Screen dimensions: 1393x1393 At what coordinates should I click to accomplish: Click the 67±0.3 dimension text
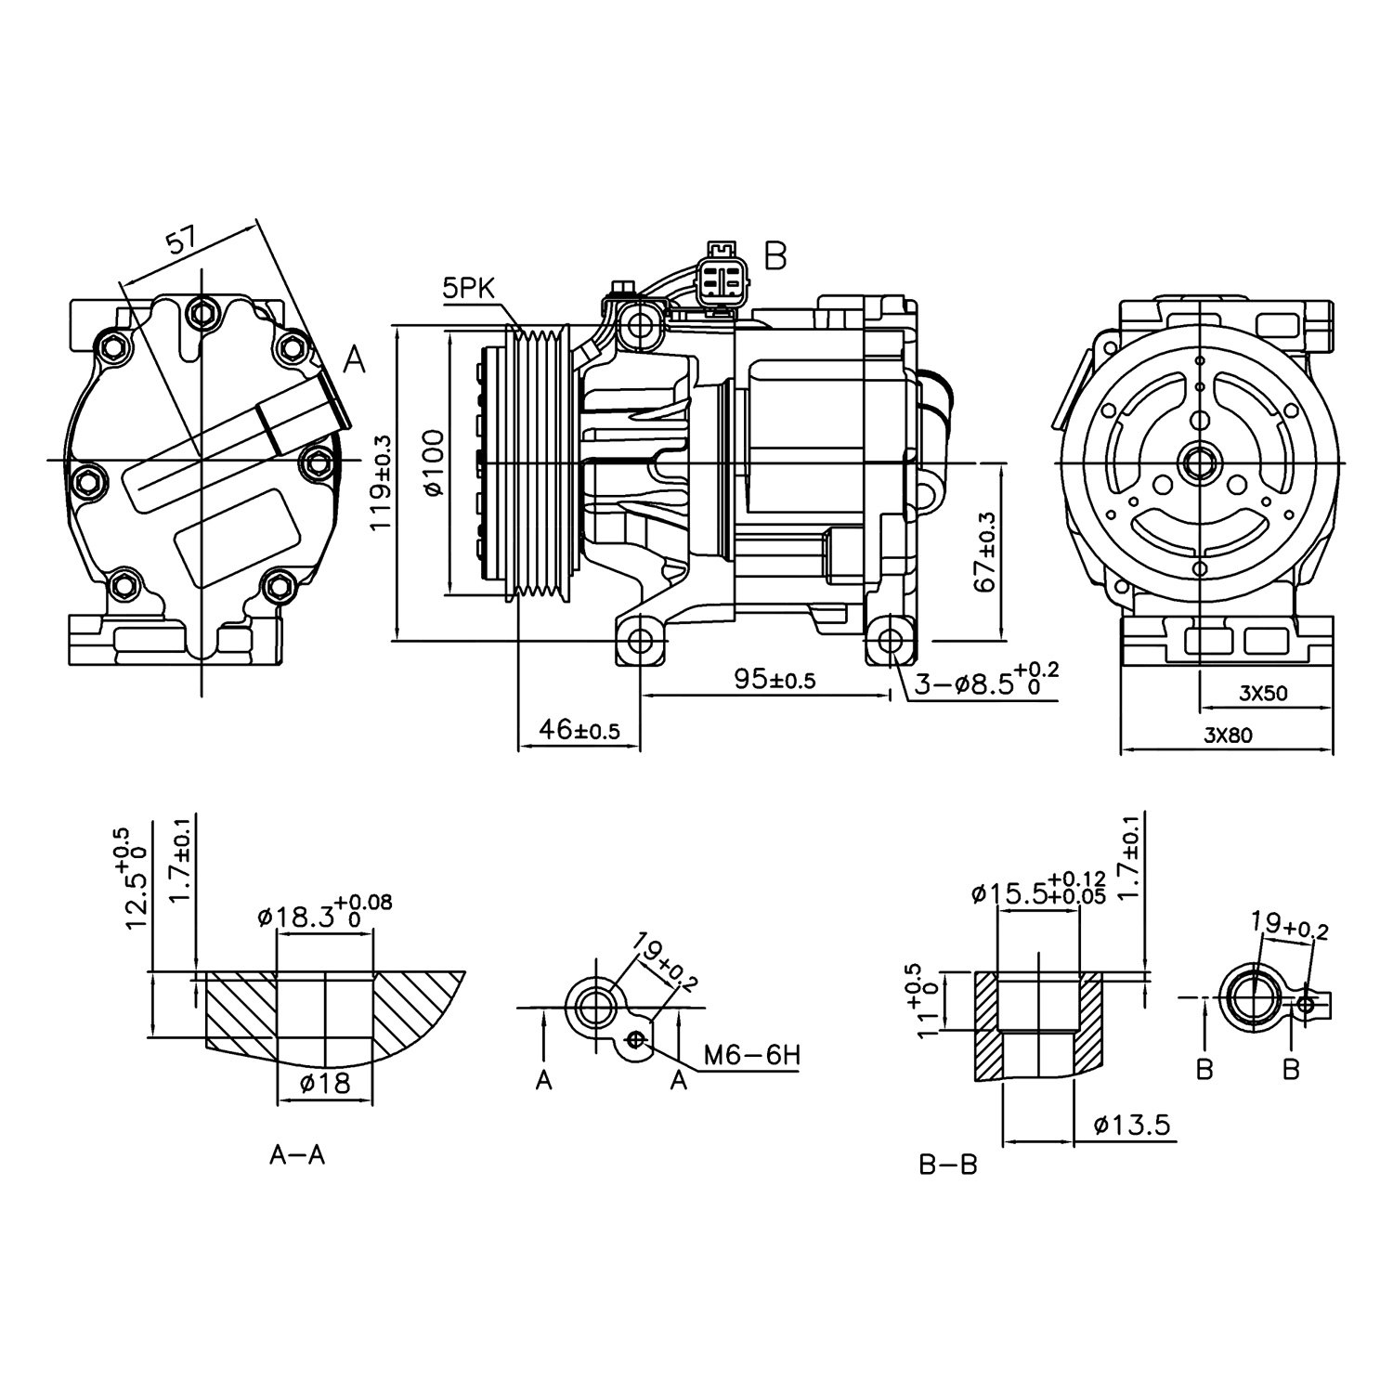pos(986,552)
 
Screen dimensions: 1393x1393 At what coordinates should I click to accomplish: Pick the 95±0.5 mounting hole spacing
pos(774,679)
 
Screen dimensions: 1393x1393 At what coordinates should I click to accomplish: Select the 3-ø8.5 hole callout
pos(984,683)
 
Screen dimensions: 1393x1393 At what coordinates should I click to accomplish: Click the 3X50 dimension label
pos(1264,692)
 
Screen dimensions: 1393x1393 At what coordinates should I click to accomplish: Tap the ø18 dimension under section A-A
pos(324,1082)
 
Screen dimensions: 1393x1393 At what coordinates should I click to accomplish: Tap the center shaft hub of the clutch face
pos(1200,462)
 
